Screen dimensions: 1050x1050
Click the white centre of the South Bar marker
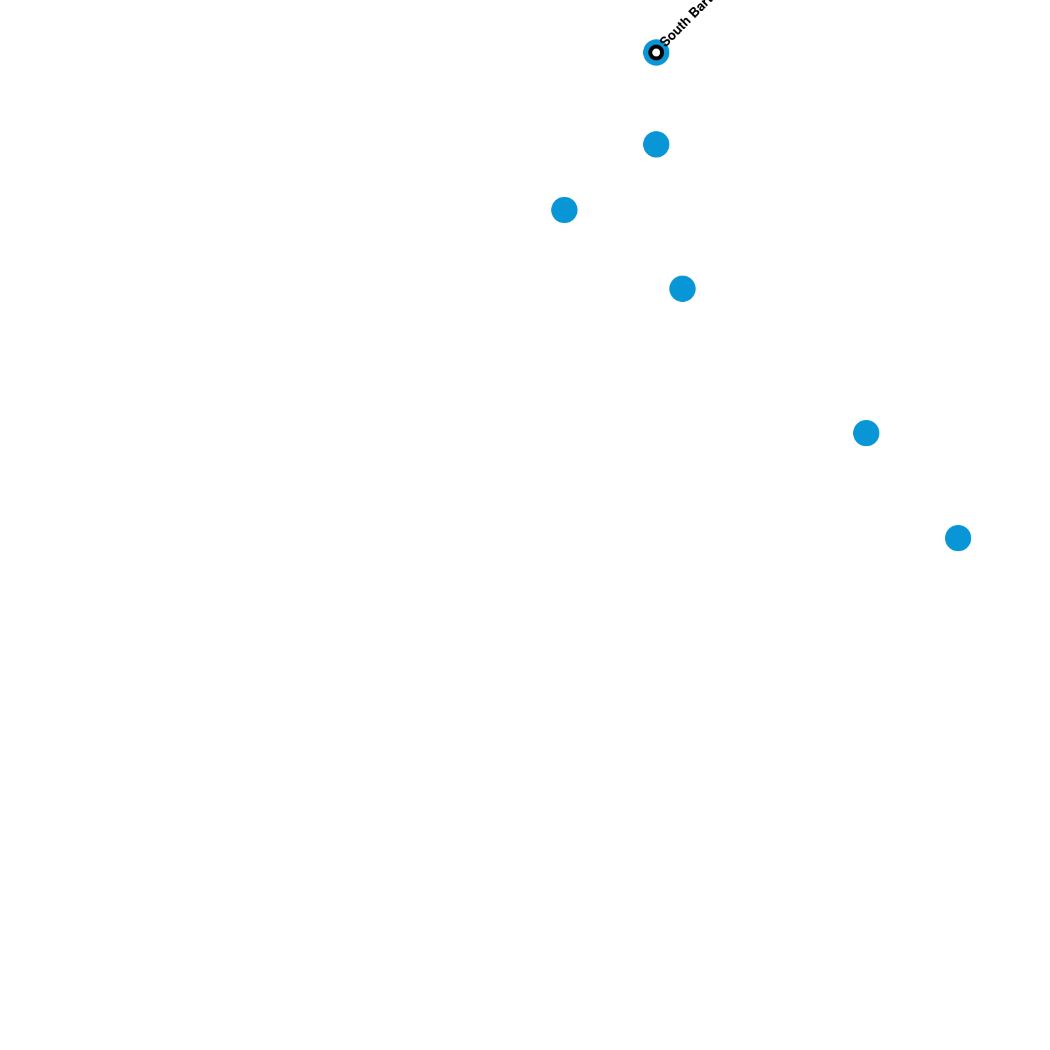[x=656, y=52]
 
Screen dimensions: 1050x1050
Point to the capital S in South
[x=664, y=40]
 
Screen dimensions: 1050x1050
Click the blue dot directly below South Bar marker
[x=656, y=144]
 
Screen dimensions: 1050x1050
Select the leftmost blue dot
[x=564, y=210]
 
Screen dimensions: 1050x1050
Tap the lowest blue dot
[x=957, y=538]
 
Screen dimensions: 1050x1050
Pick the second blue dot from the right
[x=866, y=433]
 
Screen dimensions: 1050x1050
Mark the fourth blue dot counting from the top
[x=682, y=289]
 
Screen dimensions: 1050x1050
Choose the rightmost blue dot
[x=957, y=538]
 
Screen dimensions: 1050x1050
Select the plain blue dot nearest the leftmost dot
[x=656, y=144]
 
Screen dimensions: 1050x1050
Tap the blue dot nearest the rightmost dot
[x=866, y=433]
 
